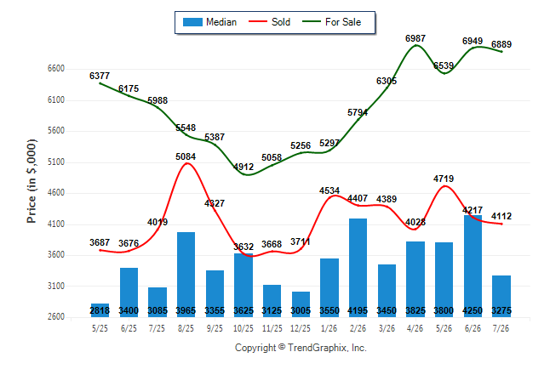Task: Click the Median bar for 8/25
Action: click(186, 275)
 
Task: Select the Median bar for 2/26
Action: click(358, 268)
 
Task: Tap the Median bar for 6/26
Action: click(473, 266)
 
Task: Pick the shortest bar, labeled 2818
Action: click(100, 310)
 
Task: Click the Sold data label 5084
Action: click(186, 156)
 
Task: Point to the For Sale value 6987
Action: click(415, 38)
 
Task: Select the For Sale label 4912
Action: click(243, 167)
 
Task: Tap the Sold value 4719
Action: click(444, 179)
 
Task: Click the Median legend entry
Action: click(209, 22)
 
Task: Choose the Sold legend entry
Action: click(269, 22)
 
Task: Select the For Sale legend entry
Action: click(331, 22)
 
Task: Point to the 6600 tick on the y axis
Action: click(56, 68)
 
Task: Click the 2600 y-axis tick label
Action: click(56, 316)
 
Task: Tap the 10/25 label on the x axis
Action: click(243, 328)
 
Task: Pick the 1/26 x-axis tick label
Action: click(329, 328)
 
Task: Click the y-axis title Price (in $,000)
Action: click(32, 181)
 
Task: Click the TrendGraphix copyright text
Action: click(301, 348)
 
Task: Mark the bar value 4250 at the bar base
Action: click(473, 310)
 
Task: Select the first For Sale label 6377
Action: click(100, 76)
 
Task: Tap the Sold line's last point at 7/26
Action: click(501, 224)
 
